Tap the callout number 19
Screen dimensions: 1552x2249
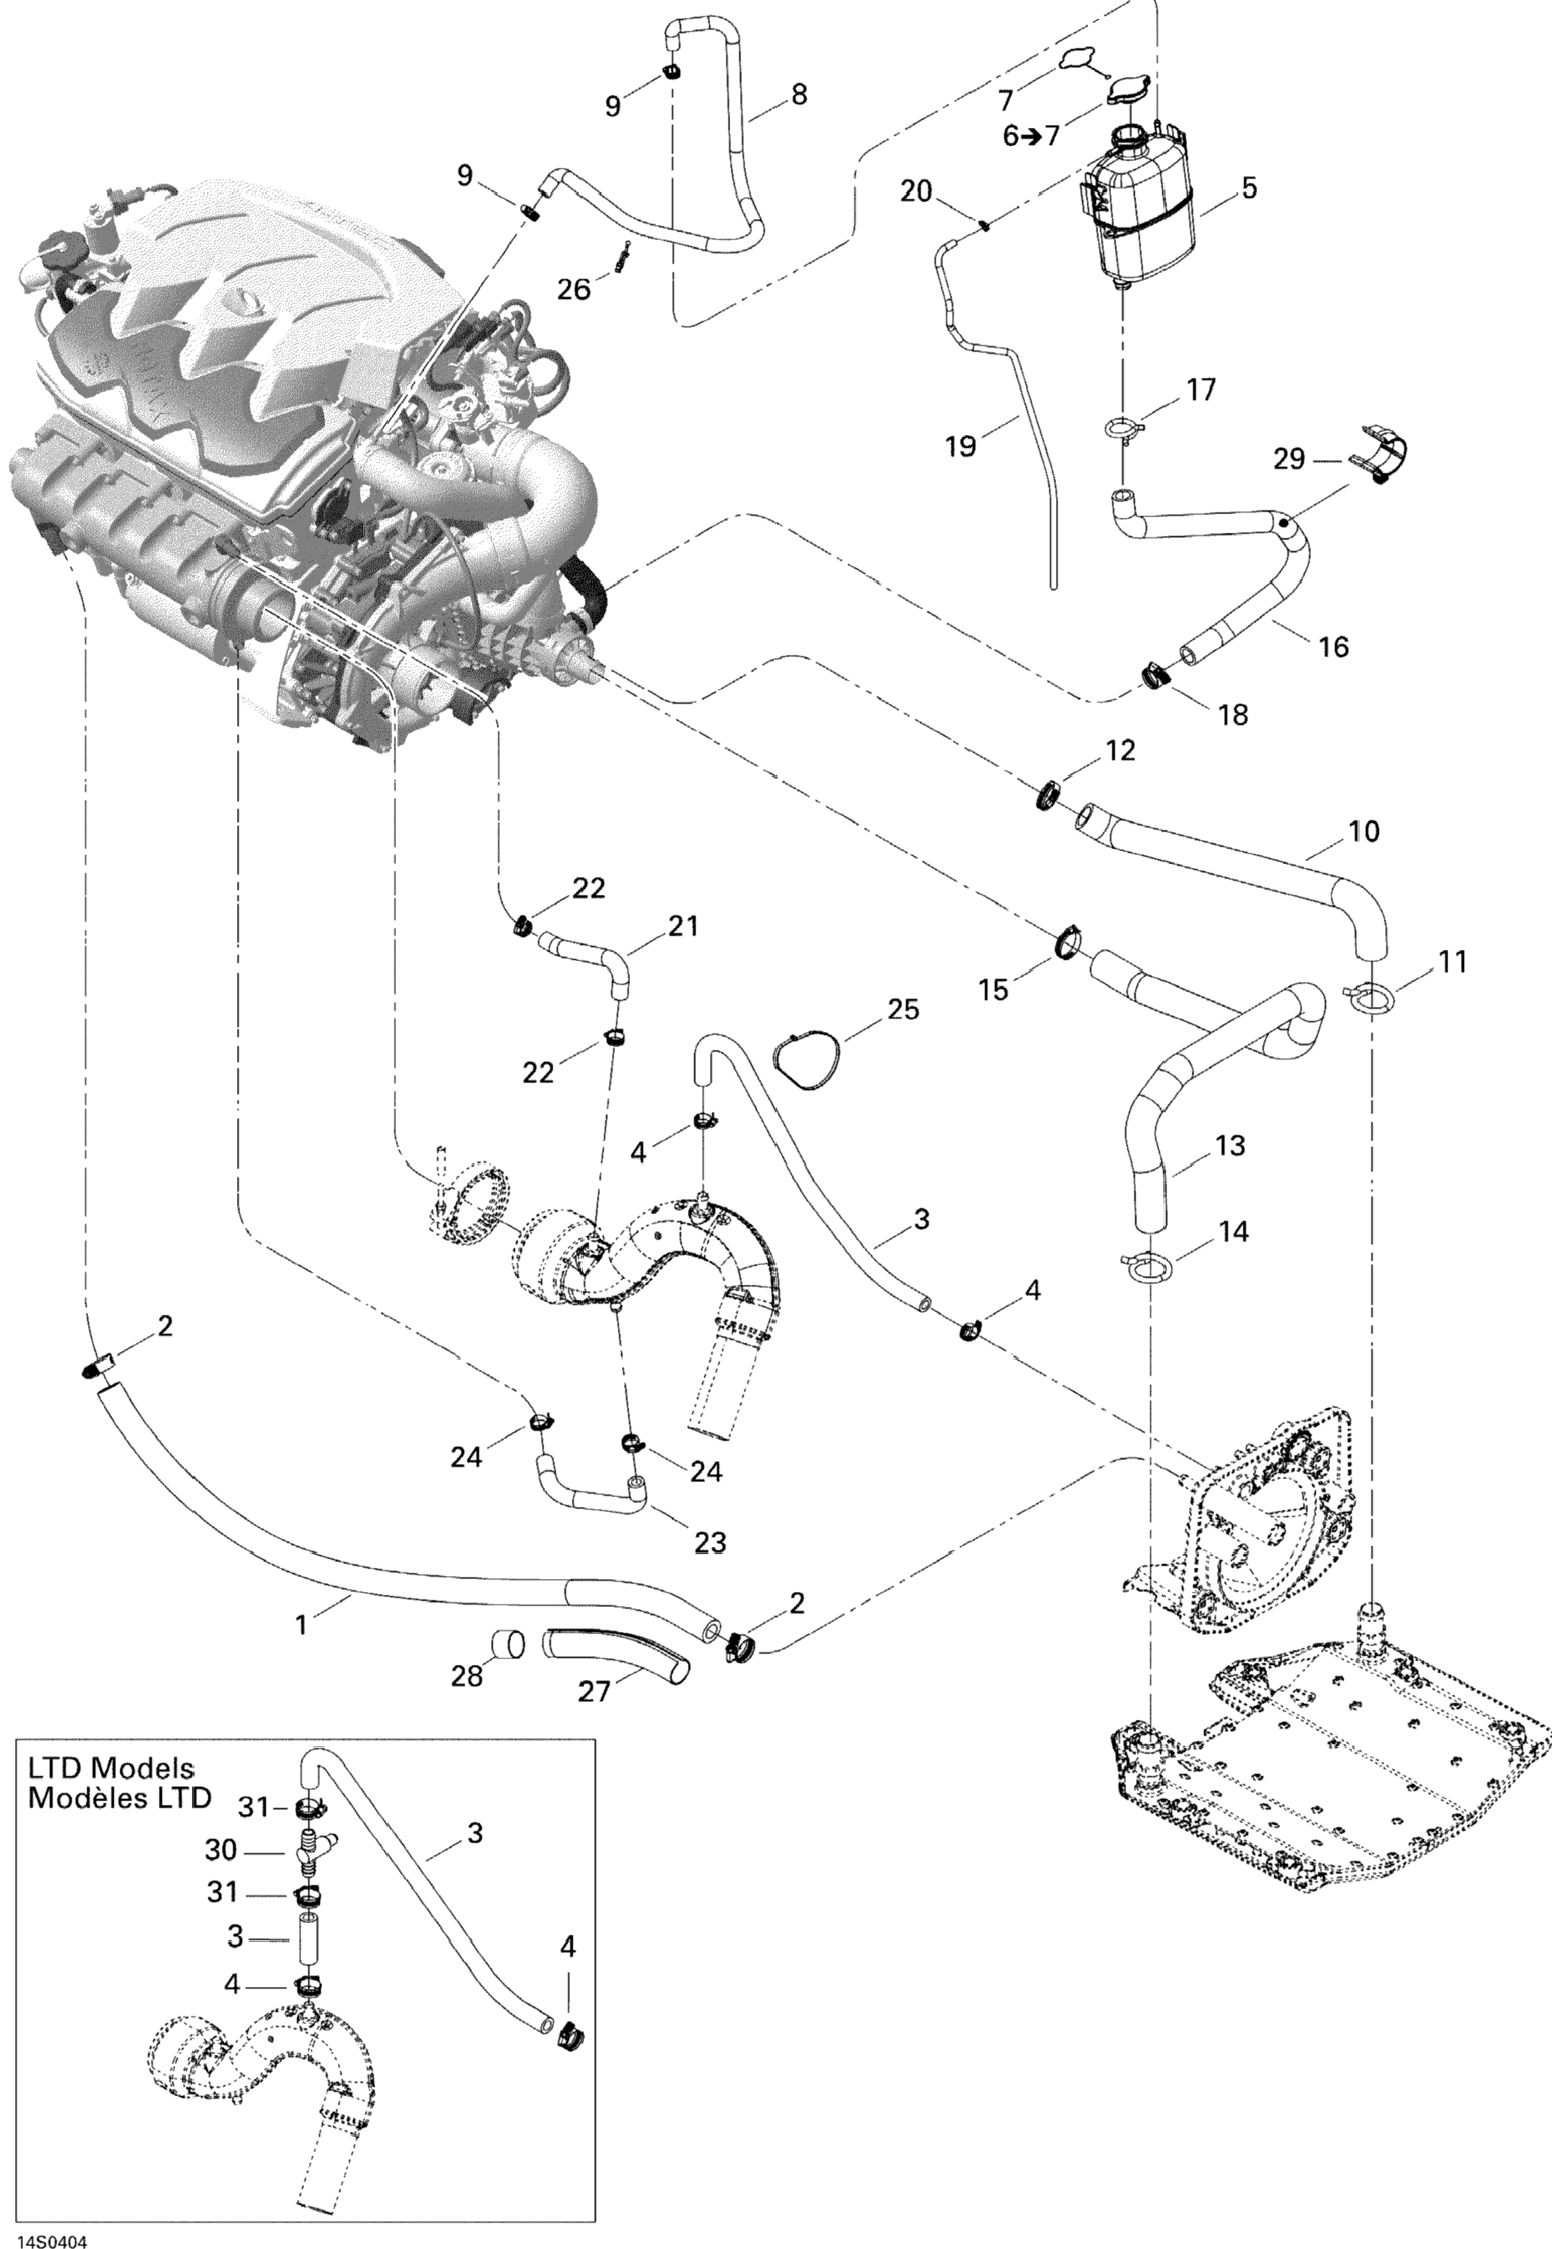click(x=960, y=446)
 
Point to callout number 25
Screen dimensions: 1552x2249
click(x=902, y=1009)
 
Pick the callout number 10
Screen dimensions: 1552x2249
click(x=1365, y=832)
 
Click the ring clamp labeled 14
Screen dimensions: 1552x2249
click(x=1146, y=1268)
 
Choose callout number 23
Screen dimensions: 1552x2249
click(x=711, y=1542)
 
